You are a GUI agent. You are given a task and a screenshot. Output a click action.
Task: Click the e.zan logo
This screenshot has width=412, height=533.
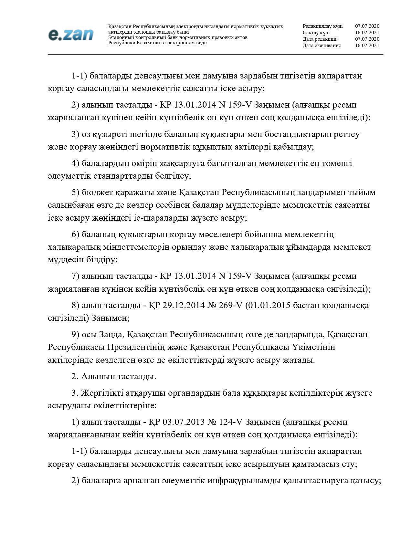click(x=71, y=35)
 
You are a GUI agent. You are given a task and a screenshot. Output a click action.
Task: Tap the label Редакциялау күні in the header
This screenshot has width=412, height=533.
click(x=322, y=26)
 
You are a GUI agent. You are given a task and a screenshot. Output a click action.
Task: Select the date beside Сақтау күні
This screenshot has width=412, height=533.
click(x=367, y=33)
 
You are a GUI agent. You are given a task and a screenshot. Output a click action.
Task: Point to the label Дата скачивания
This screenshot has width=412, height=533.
click(x=322, y=46)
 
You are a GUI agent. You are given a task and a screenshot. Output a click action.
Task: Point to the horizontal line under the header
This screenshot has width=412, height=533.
click(x=215, y=54)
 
